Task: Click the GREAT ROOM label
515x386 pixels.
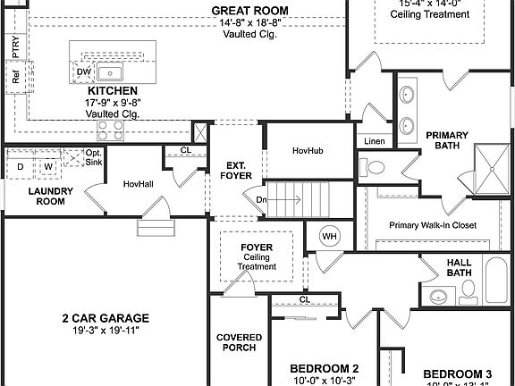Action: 249,11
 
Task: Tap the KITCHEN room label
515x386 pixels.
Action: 112,91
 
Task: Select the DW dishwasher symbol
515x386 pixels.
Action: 83,71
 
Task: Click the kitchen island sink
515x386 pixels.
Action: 111,72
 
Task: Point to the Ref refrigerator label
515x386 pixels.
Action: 16,78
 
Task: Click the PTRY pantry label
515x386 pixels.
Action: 16,45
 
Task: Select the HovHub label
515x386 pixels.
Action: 308,151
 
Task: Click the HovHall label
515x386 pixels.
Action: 139,183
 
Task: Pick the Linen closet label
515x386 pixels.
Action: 374,141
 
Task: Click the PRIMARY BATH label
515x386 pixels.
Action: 447,141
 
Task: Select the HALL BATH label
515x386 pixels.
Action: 459,267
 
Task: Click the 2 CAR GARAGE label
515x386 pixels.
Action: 105,318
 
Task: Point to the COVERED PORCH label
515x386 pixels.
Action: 239,343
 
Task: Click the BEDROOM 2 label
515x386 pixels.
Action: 325,368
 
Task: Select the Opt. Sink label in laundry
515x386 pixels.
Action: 94,158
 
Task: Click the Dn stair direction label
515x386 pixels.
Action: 261,200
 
